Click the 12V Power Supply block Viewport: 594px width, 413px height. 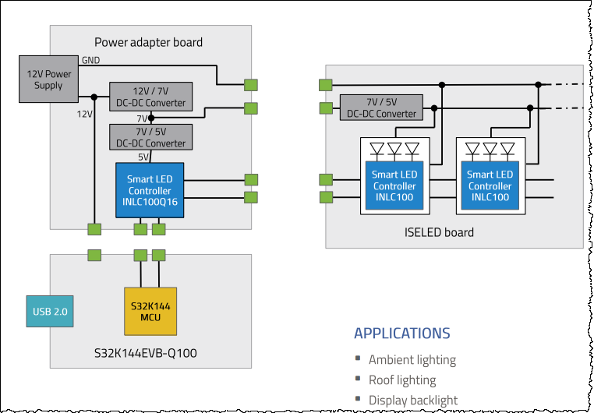48,79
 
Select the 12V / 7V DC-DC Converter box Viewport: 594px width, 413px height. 151,97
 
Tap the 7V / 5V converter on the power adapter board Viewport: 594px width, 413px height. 151,137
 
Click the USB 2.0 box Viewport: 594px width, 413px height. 51,311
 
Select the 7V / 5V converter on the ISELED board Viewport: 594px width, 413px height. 381,108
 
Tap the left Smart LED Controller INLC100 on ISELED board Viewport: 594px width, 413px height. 394,185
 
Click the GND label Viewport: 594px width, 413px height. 90,60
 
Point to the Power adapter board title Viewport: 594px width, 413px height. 148,42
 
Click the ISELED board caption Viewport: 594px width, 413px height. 440,231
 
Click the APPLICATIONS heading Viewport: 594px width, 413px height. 401,334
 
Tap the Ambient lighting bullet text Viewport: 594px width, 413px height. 412,360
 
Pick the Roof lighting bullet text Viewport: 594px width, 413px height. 401,380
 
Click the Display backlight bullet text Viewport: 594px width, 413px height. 412,400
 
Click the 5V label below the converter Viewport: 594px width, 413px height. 143,156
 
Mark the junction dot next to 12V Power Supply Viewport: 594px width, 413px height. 94,97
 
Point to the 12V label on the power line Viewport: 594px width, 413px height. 84,114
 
